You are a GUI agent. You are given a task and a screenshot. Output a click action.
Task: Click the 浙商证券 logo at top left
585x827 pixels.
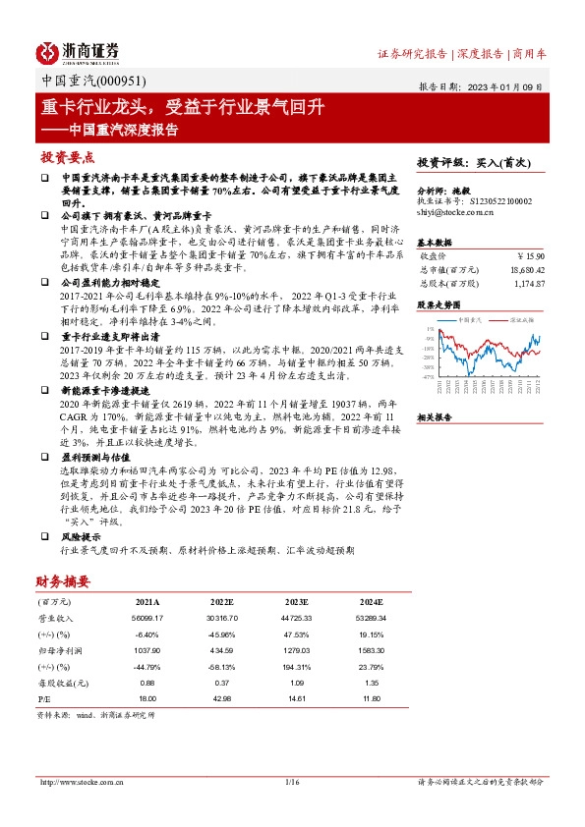(x=78, y=52)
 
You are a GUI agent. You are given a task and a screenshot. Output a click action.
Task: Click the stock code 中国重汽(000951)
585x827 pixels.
(x=83, y=83)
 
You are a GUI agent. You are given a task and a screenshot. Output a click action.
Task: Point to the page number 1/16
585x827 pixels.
(x=291, y=783)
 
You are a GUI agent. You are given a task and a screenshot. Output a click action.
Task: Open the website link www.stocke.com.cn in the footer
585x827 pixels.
(x=81, y=783)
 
